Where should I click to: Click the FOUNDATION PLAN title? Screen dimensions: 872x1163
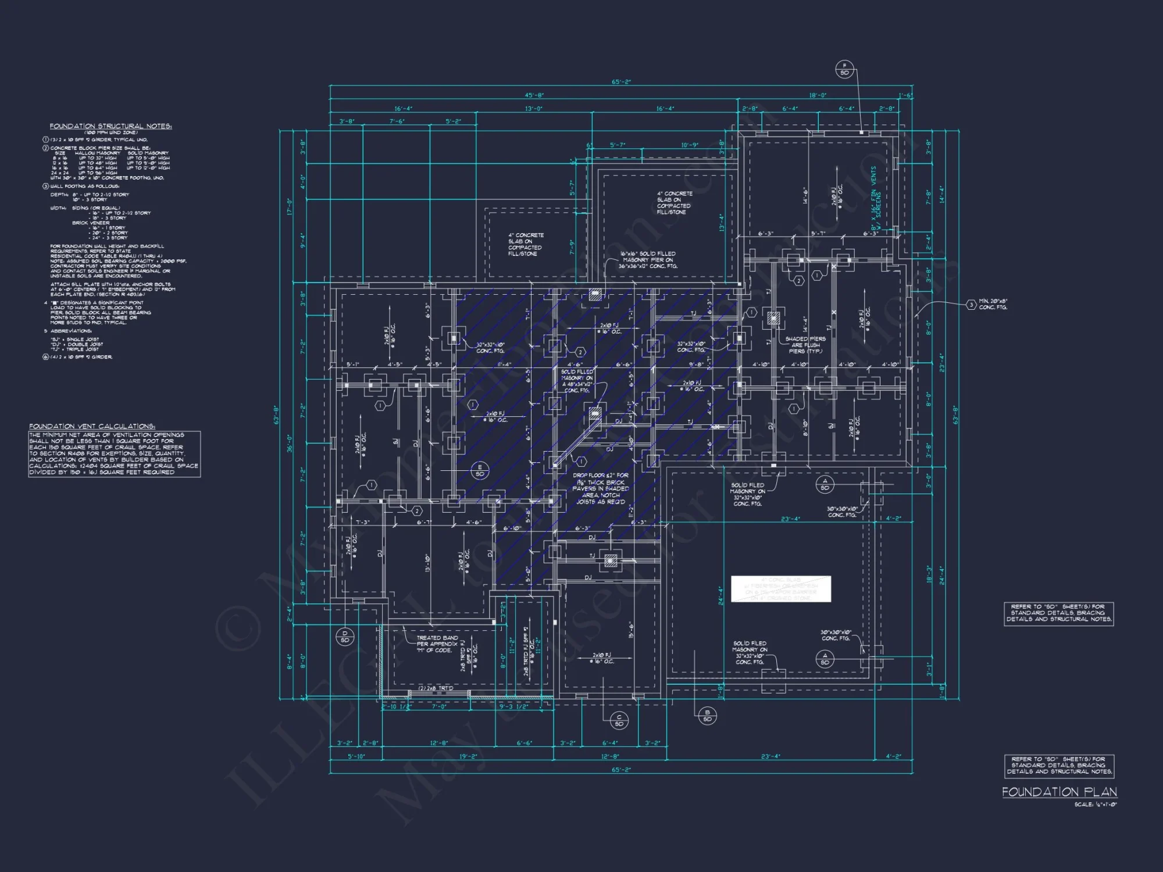point(1059,792)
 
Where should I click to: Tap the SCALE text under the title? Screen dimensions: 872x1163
point(1095,805)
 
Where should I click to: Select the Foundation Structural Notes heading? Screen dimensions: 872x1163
point(110,126)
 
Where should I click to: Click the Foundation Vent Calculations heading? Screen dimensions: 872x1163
point(92,426)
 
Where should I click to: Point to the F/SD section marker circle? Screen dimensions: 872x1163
point(844,69)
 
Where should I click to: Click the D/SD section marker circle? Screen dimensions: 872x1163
point(344,637)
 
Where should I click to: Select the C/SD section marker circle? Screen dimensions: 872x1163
point(619,720)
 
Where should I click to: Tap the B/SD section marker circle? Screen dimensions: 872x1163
point(707,716)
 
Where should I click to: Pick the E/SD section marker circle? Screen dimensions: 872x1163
point(480,470)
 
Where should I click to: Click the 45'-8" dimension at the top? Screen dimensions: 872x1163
point(534,95)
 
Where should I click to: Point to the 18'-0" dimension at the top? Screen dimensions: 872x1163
point(817,95)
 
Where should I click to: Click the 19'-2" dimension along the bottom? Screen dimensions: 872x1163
point(468,756)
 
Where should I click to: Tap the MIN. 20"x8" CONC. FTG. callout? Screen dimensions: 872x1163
point(993,304)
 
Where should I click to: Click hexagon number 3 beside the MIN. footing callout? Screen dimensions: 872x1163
point(971,305)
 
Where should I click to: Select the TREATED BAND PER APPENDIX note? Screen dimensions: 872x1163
point(437,644)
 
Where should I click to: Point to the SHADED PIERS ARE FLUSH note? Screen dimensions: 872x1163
point(805,345)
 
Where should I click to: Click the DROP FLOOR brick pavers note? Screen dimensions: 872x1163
point(601,488)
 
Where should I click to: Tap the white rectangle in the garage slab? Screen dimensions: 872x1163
point(780,589)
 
